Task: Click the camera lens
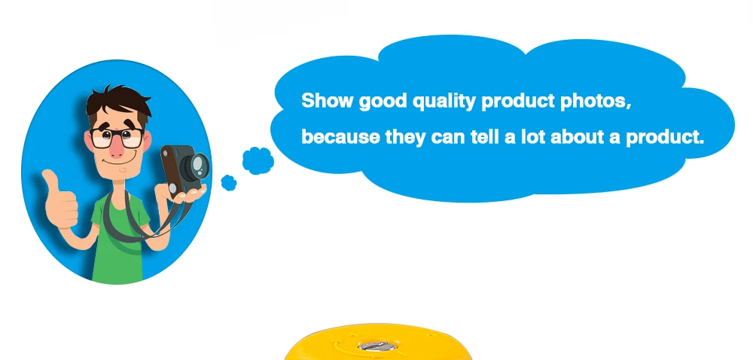[199, 164]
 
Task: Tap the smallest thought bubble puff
[229, 182]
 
